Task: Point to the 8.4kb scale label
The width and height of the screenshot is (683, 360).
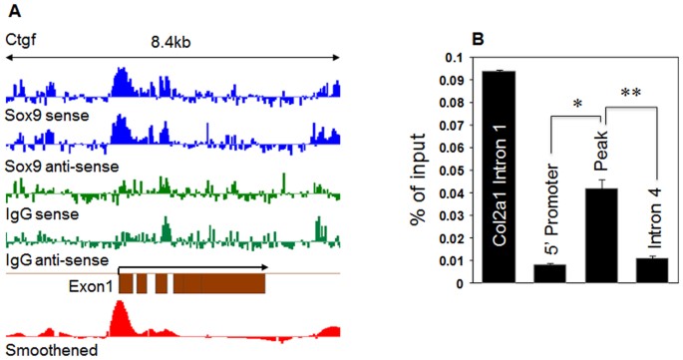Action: [172, 43]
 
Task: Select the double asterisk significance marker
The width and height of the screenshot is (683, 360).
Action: [631, 92]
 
